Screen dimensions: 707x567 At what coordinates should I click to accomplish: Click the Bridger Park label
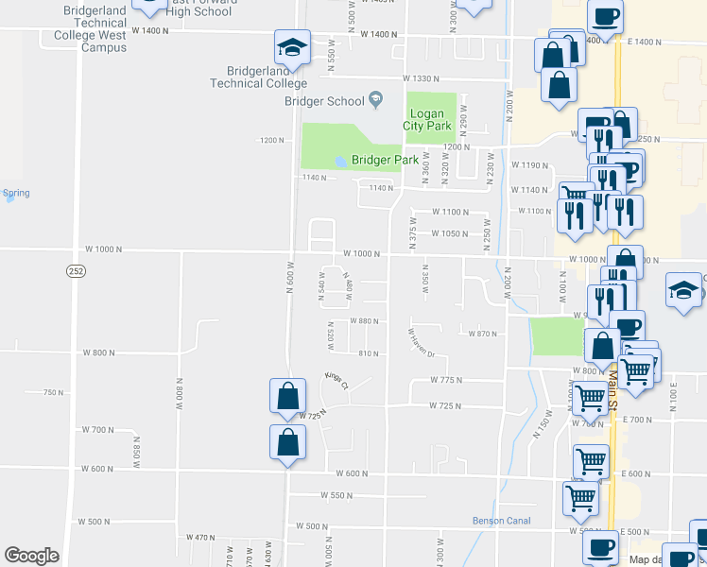pos(385,160)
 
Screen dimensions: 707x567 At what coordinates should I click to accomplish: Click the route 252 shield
pos(76,271)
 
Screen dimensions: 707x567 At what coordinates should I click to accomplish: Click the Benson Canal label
pos(502,521)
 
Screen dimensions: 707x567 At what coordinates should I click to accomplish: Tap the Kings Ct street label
pos(336,381)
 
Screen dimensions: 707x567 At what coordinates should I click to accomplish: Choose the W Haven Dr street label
pos(420,342)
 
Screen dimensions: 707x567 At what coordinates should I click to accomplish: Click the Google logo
pos(31,555)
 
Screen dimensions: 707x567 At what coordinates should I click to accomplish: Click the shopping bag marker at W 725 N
pos(287,397)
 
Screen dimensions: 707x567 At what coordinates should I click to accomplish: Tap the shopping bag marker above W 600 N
pos(287,442)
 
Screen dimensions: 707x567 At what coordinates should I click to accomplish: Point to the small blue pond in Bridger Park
pos(339,161)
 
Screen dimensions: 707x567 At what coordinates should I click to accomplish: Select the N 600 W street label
pos(290,278)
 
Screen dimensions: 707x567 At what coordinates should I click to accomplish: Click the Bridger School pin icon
pos(376,100)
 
